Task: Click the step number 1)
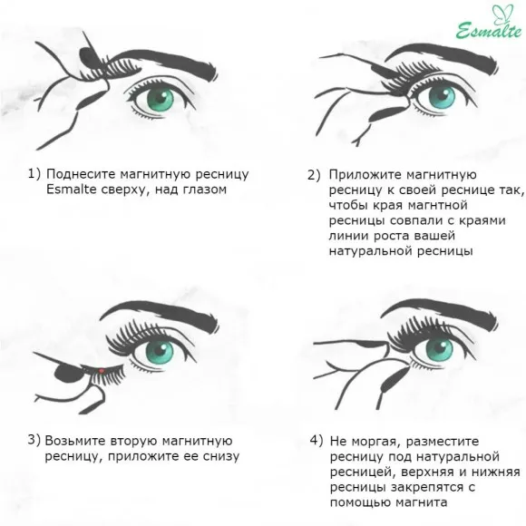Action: [x=34, y=173]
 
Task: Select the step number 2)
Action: [x=314, y=173]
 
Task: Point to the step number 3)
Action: [x=34, y=440]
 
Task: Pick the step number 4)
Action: [x=316, y=440]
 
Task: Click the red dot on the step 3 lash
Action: [x=102, y=370]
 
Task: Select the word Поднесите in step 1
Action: [x=78, y=173]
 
